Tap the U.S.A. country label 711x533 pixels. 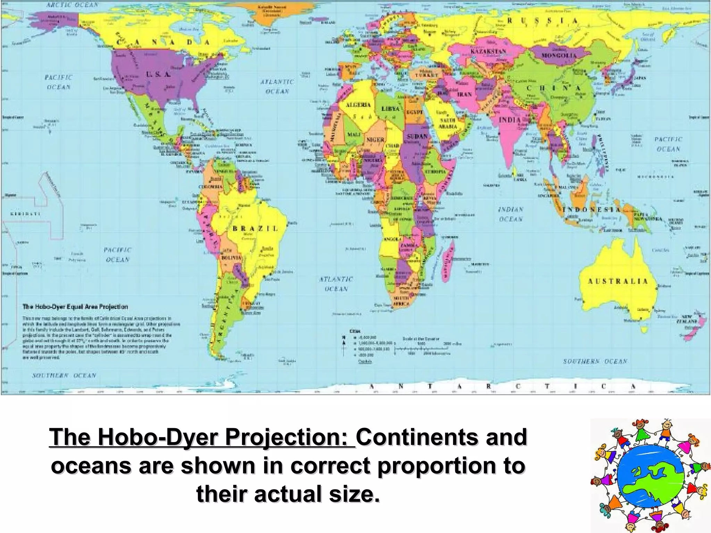click(x=158, y=74)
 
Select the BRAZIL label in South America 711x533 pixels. click(x=255, y=228)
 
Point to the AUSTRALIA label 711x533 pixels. click(x=618, y=281)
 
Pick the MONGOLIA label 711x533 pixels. click(x=559, y=56)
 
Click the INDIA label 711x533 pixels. click(x=510, y=120)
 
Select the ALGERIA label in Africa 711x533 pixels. click(x=358, y=105)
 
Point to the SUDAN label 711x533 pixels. click(x=417, y=136)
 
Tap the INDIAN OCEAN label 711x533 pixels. click(x=510, y=214)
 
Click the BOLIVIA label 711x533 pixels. click(x=232, y=257)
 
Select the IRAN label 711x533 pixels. click(x=465, y=94)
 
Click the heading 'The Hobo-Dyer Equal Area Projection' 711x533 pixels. click(x=75, y=307)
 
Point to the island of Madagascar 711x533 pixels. click(x=448, y=259)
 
